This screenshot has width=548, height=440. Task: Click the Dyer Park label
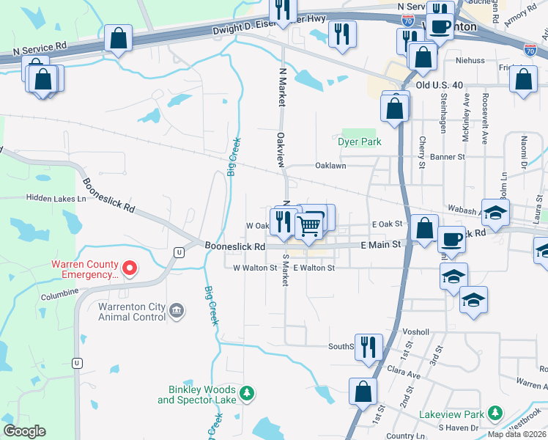pyautogui.click(x=360, y=142)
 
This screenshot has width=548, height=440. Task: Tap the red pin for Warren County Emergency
pyautogui.click(x=130, y=268)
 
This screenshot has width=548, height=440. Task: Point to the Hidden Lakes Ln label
pyautogui.click(x=56, y=198)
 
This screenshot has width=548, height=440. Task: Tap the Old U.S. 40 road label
pyautogui.click(x=439, y=85)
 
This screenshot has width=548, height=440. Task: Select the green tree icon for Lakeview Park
pyautogui.click(x=496, y=414)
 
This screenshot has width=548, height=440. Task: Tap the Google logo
pyautogui.click(x=24, y=431)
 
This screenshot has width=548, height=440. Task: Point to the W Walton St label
pyautogui.click(x=255, y=268)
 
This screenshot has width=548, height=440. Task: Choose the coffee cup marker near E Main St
pyautogui.click(x=452, y=238)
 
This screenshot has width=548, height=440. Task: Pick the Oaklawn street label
pyautogui.click(x=330, y=166)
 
